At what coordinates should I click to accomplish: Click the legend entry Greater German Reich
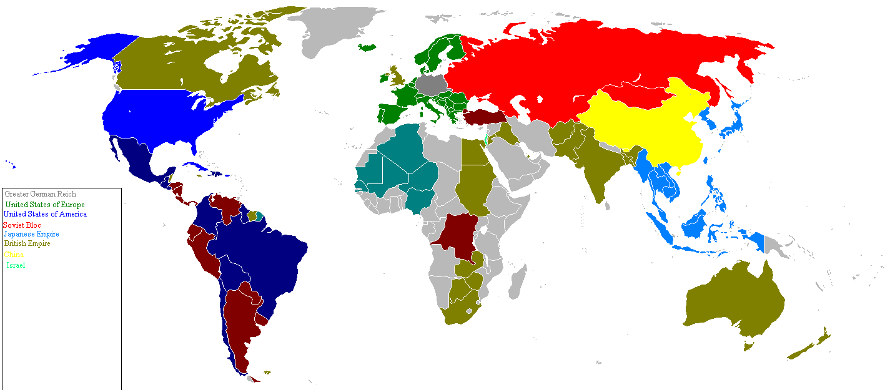coord(40,194)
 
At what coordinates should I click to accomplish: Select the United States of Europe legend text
coord(45,205)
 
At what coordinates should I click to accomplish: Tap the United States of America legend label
coord(45,214)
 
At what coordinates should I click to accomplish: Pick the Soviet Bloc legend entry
coord(22,225)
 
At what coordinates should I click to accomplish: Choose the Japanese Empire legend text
coord(31,234)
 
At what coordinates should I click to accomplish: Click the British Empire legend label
coord(27,243)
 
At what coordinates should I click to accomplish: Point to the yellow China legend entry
coord(14,255)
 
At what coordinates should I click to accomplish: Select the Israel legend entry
coord(16,265)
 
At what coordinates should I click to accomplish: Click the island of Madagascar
coord(517,281)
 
